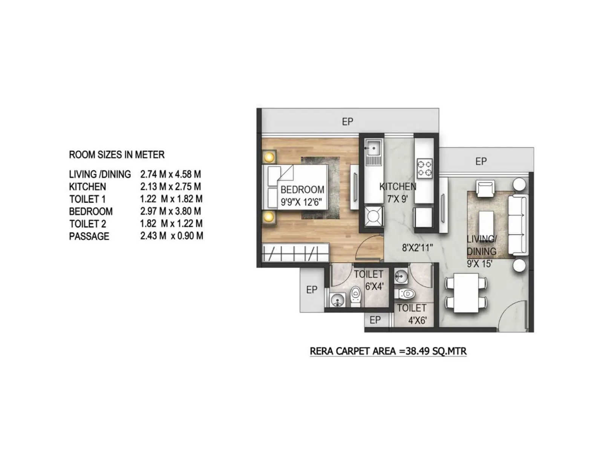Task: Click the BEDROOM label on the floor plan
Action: [302, 189]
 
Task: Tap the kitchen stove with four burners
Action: [424, 168]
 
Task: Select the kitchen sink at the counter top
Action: [373, 148]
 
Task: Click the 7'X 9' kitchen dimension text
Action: [398, 199]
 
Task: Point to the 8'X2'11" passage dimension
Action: [417, 248]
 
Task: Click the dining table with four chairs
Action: [466, 293]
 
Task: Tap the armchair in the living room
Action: [485, 188]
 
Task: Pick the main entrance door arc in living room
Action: [513, 315]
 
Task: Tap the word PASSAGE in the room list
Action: [89, 237]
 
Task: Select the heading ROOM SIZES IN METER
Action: [116, 155]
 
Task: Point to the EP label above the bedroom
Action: [347, 122]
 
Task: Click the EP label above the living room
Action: [481, 161]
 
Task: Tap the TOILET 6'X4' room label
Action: [369, 280]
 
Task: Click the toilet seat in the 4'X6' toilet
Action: [406, 293]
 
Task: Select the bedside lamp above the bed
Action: [269, 156]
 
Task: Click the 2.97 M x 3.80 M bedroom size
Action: [170, 211]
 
